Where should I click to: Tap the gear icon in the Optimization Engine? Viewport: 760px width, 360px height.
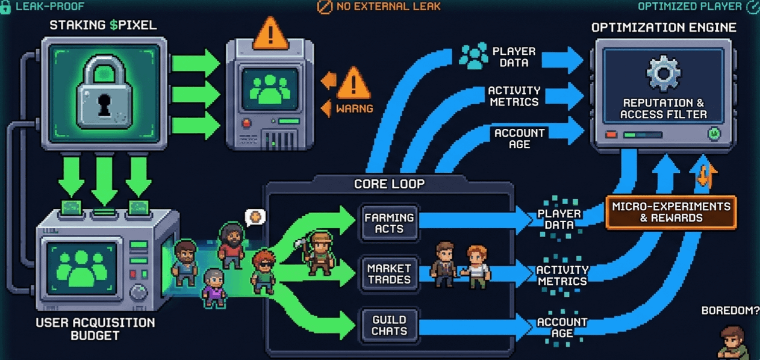pos(663,73)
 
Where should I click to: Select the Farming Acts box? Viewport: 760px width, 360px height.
pos(389,222)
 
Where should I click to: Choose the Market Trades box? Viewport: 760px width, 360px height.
pos(389,274)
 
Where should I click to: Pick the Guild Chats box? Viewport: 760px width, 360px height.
pos(389,326)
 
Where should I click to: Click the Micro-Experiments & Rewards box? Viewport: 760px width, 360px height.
pos(671,212)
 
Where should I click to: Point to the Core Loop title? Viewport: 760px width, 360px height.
pos(389,184)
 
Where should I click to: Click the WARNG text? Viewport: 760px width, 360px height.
pos(354,109)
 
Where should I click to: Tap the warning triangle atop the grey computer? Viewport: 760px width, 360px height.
pos(271,33)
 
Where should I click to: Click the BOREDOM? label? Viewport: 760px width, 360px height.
pos(730,311)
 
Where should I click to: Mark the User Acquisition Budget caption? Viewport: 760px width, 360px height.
pos(95,329)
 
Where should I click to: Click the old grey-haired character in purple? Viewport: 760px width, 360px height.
pos(213,288)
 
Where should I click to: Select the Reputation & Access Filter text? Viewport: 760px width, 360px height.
pos(664,108)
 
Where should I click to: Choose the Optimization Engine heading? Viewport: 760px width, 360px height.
pos(664,28)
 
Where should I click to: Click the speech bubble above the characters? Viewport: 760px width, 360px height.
pos(255,217)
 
